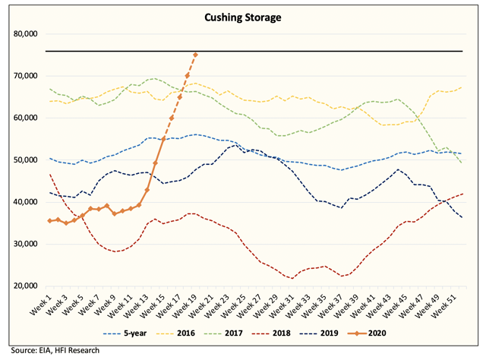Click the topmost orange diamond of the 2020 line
[196, 55]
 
